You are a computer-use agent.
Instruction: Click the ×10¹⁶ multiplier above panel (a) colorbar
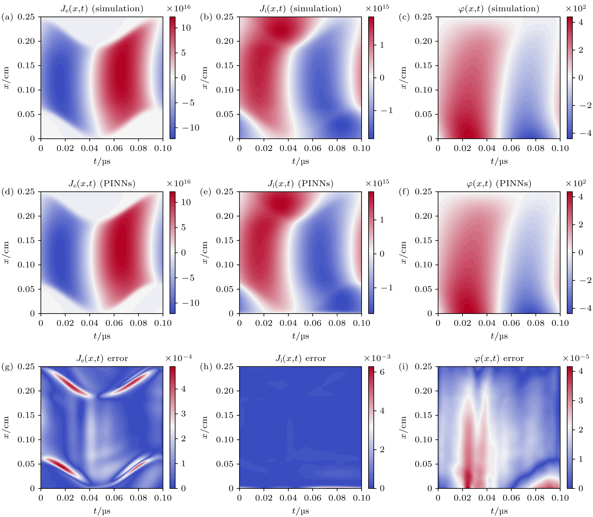click(179, 8)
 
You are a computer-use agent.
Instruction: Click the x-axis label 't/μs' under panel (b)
click(300, 161)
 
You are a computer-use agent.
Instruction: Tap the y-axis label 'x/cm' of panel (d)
click(6, 252)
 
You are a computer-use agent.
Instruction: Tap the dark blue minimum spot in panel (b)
click(342, 126)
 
